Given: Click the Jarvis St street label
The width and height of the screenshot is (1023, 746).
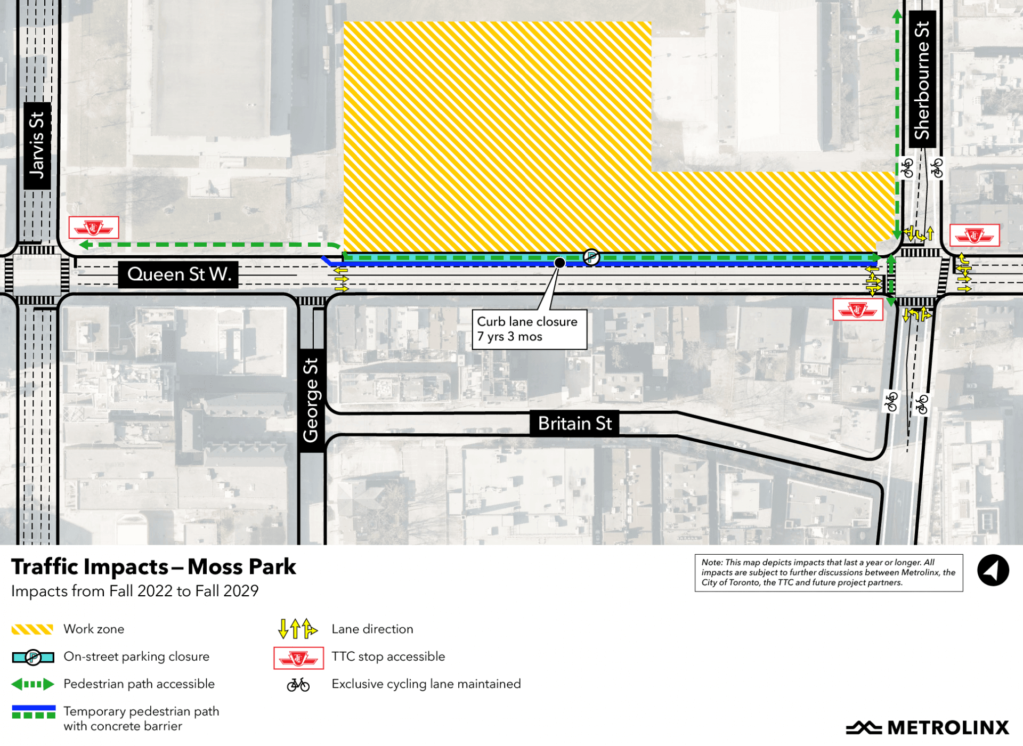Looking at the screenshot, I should (37, 145).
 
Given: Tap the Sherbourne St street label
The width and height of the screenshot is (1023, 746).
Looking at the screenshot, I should (922, 80).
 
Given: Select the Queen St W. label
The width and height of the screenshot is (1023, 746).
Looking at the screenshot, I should (178, 274).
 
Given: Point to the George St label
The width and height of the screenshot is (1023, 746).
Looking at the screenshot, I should (311, 400).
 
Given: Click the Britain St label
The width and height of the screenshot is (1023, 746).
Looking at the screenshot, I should (574, 424).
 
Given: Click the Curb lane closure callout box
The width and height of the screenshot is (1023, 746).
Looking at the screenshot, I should (529, 329).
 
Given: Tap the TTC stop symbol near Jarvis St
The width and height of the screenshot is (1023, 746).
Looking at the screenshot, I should (94, 228).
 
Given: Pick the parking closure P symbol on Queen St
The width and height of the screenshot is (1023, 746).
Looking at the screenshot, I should (591, 257).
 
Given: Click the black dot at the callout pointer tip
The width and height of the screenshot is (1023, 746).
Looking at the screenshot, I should (559, 263).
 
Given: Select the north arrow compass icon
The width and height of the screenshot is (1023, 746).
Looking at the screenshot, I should (993, 571).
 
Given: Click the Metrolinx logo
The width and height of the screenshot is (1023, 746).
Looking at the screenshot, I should (927, 727).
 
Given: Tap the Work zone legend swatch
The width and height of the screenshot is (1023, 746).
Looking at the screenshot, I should (33, 629).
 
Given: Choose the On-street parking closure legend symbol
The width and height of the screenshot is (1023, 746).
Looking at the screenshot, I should (33, 658).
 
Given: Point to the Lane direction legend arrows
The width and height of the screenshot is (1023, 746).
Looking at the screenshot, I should (297, 629).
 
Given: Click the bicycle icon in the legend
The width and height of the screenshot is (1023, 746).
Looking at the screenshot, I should (298, 685).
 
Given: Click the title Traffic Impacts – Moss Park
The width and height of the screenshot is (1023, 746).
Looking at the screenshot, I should (153, 567).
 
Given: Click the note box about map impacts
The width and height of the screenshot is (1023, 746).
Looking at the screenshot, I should (828, 573).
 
